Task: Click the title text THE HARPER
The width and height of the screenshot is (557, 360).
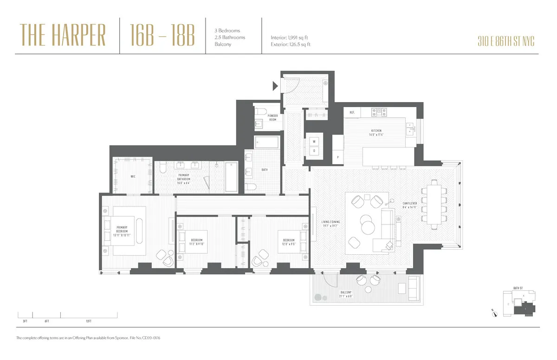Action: pos(63,36)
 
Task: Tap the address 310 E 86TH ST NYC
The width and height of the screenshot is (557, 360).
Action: pos(505,41)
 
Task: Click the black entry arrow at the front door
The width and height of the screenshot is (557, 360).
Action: pos(275,86)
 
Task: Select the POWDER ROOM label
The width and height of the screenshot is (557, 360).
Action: pos(272,117)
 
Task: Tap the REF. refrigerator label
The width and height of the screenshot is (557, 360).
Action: pos(352,112)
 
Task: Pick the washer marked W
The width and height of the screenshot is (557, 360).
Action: pos(314,141)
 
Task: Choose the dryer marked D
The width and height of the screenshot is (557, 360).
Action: pos(314,150)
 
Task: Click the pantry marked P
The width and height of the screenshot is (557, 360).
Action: pos(337,158)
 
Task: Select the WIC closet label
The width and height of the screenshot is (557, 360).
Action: pos(133,176)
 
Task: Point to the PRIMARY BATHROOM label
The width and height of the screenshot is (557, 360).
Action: pos(184,178)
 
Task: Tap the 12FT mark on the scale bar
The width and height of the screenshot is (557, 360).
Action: pos(88,321)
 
